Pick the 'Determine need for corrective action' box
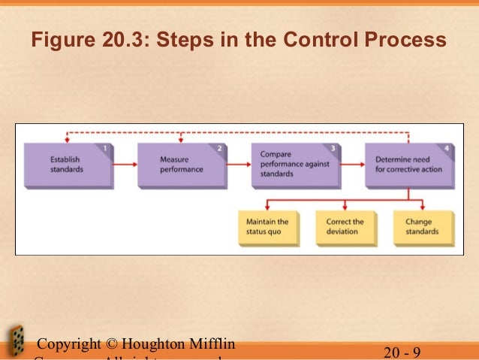[x=409, y=165]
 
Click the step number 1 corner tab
[x=107, y=149]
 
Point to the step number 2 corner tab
[x=219, y=149]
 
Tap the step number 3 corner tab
[x=333, y=149]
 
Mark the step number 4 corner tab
[x=447, y=149]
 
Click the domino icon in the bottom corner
[x=14, y=342]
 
